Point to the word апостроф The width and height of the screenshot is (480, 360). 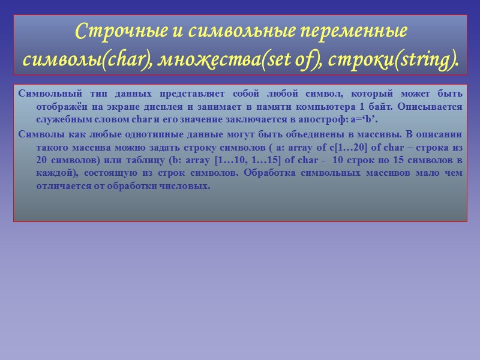point(333,118)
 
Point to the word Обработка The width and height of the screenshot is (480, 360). point(273,173)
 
